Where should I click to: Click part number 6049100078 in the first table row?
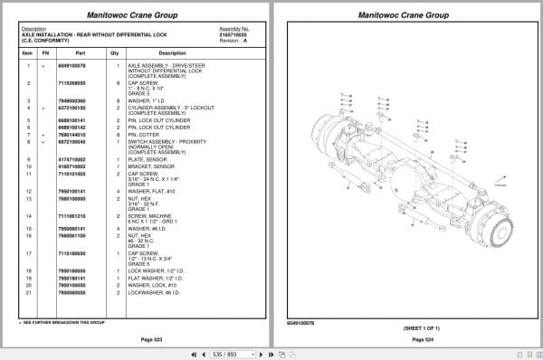coord(71,66)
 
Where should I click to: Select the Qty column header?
coord(115,53)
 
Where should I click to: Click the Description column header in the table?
coord(172,53)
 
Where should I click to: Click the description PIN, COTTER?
coord(148,135)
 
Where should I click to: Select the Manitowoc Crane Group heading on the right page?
coord(403,15)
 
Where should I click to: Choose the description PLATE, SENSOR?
coord(149,160)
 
